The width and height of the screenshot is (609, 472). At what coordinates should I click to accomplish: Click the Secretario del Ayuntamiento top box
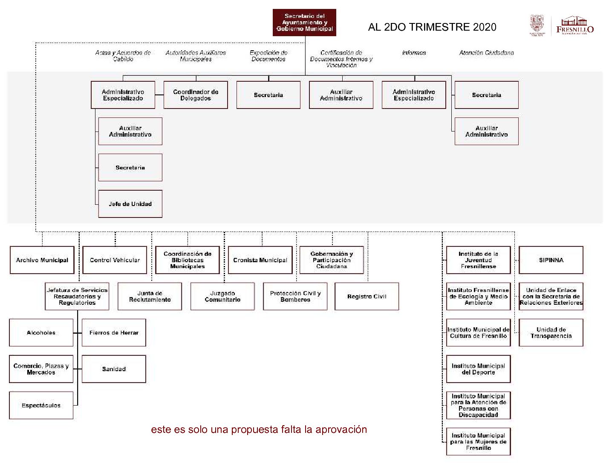(x=304, y=23)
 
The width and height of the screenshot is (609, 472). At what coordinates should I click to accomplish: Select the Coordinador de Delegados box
(x=196, y=95)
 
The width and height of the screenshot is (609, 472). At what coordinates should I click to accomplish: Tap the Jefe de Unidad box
(x=130, y=204)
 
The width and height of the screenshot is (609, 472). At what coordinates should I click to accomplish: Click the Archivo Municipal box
(x=42, y=260)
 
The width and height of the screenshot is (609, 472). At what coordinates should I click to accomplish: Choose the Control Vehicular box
(x=115, y=260)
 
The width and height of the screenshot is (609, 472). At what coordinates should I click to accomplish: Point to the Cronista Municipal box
(x=260, y=260)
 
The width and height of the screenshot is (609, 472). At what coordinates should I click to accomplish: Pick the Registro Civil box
(x=367, y=296)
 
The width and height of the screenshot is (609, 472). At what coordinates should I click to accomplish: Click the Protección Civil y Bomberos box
(x=295, y=296)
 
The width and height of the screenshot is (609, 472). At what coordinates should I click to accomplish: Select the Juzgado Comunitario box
(x=222, y=296)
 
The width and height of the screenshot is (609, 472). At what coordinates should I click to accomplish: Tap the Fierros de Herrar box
(x=114, y=333)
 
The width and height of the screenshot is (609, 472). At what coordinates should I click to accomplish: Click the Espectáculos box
(x=41, y=405)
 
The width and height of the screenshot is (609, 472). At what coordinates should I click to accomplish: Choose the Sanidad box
(x=114, y=369)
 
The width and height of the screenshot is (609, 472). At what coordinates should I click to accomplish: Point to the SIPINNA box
(x=551, y=260)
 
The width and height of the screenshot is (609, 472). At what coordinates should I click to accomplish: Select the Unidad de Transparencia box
(x=551, y=333)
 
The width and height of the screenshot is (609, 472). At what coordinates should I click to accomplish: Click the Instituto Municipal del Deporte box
(x=478, y=369)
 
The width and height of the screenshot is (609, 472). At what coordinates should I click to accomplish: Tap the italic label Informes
(x=414, y=53)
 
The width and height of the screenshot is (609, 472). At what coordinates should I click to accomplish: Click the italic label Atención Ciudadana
(x=486, y=53)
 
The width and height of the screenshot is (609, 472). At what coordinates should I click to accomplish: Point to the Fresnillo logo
(x=575, y=26)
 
